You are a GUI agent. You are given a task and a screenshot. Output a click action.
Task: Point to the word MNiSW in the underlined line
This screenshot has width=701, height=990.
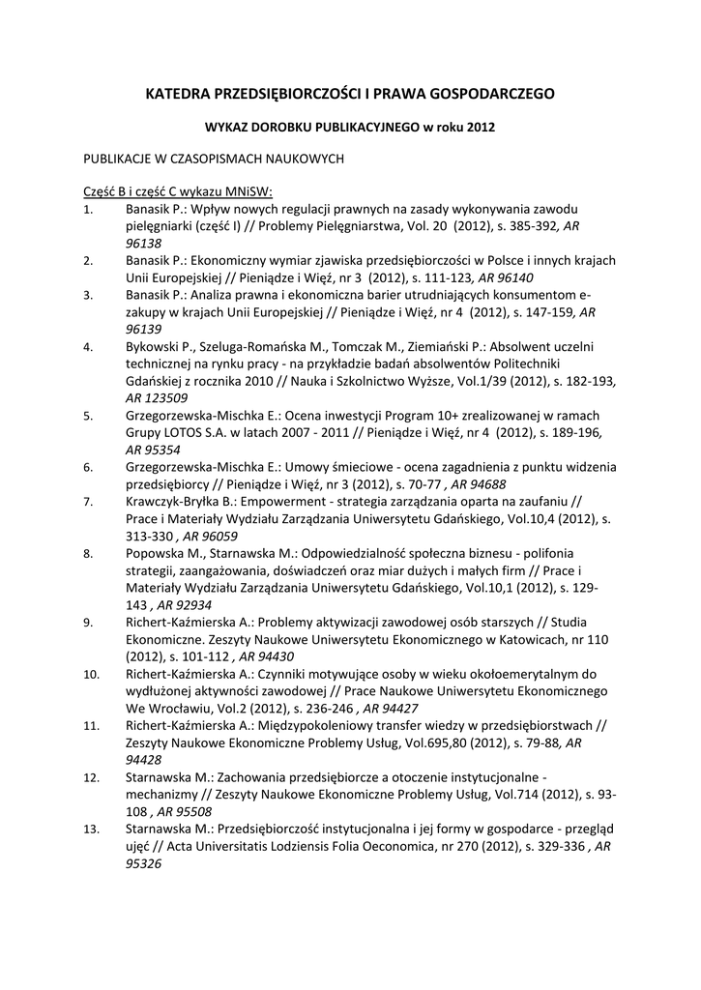click(248, 189)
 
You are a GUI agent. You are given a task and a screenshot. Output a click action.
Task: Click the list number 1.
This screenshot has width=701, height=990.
click(87, 209)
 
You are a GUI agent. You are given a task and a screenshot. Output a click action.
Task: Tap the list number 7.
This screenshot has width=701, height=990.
click(87, 502)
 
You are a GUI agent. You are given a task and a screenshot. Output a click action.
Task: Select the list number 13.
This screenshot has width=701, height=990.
click(91, 829)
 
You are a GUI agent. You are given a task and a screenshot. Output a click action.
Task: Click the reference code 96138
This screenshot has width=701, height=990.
click(143, 243)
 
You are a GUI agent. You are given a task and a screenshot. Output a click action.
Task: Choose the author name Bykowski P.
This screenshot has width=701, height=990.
click(161, 346)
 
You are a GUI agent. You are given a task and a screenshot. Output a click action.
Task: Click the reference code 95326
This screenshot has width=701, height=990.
click(143, 863)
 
